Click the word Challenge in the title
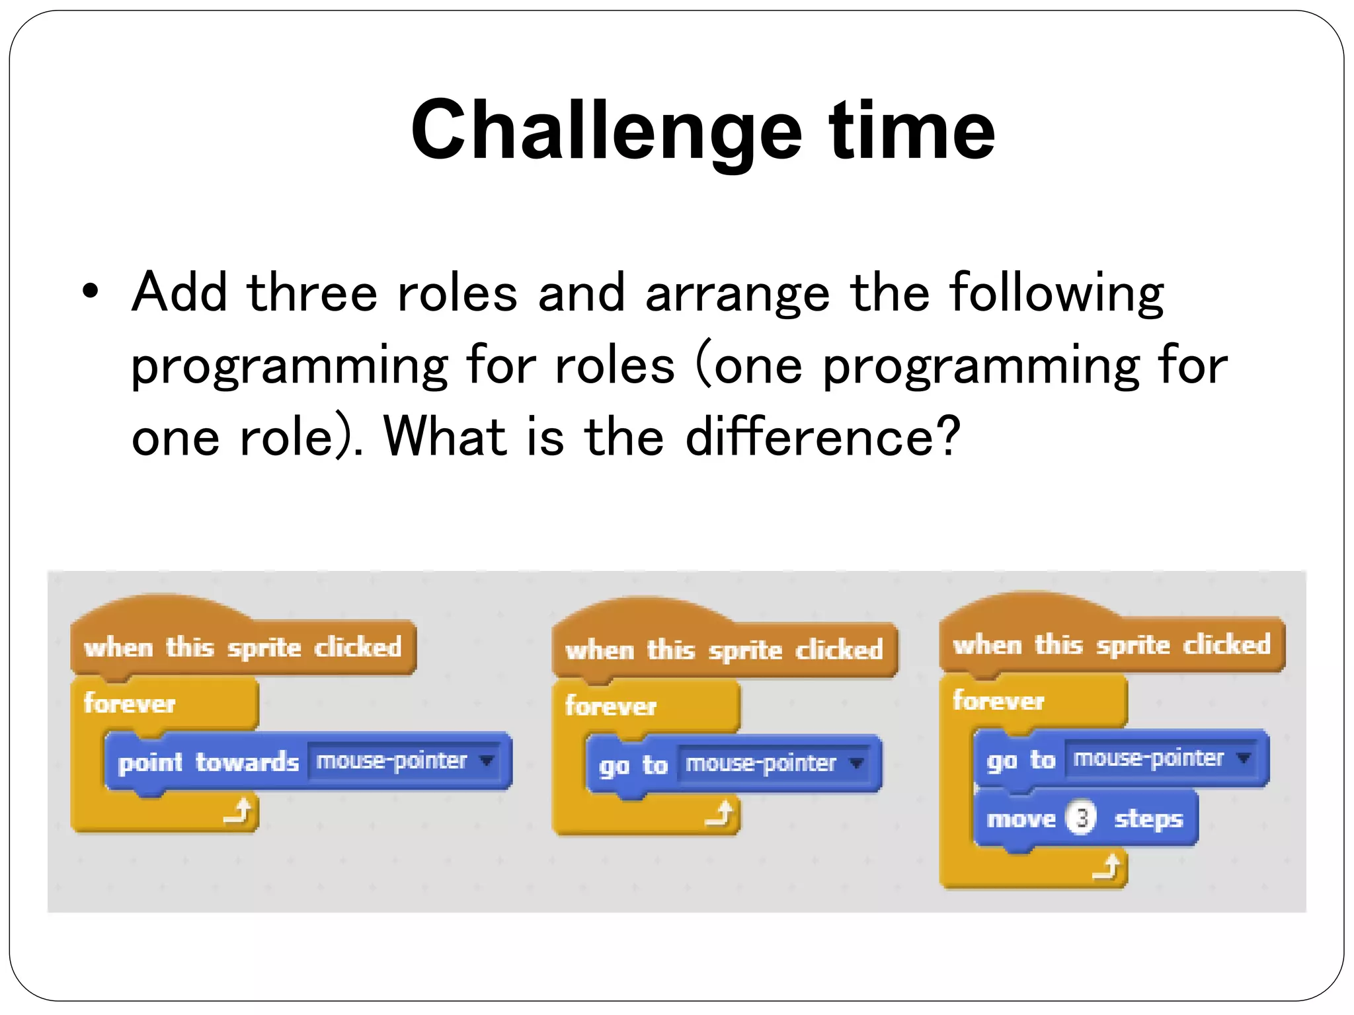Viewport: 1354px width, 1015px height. [x=606, y=131]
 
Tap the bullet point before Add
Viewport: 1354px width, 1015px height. [x=91, y=291]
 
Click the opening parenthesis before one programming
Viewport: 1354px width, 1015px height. [x=703, y=365]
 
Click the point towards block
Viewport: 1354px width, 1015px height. [x=208, y=762]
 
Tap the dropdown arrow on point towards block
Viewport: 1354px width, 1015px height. [x=487, y=761]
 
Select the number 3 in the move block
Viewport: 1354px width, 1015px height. [x=1082, y=818]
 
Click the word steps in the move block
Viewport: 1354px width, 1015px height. [x=1148, y=819]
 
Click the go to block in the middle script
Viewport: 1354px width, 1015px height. [x=633, y=765]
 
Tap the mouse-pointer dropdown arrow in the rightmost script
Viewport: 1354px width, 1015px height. [x=1244, y=757]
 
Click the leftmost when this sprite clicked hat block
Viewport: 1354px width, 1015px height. [x=243, y=647]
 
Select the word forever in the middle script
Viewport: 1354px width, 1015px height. [x=610, y=706]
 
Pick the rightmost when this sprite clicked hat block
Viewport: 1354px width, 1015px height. [x=1111, y=644]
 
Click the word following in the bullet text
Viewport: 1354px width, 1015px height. [x=1056, y=293]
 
